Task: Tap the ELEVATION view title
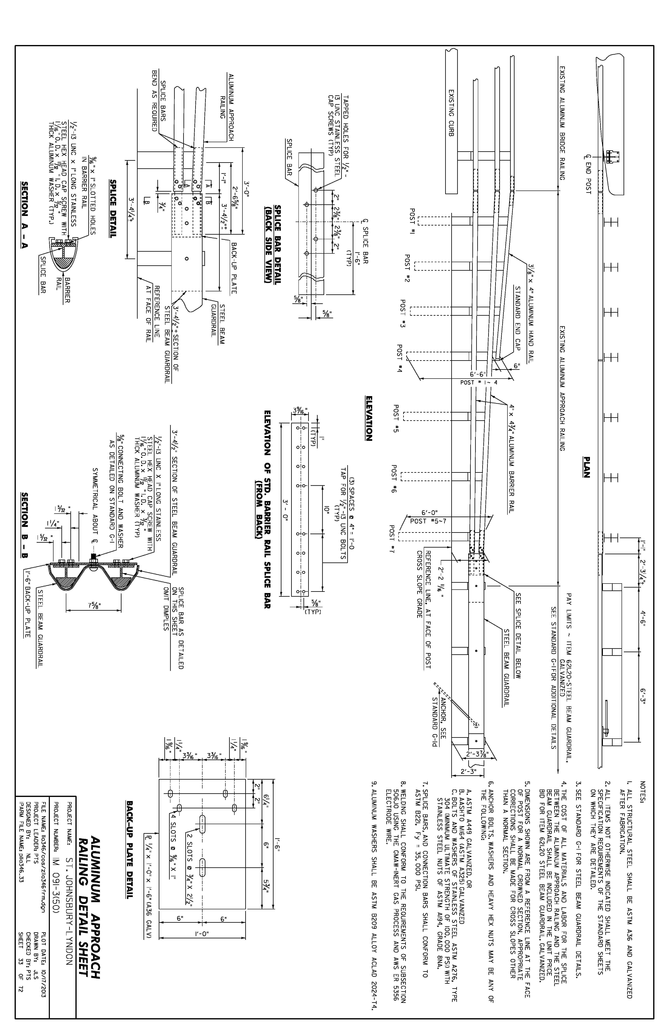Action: click(369, 418)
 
